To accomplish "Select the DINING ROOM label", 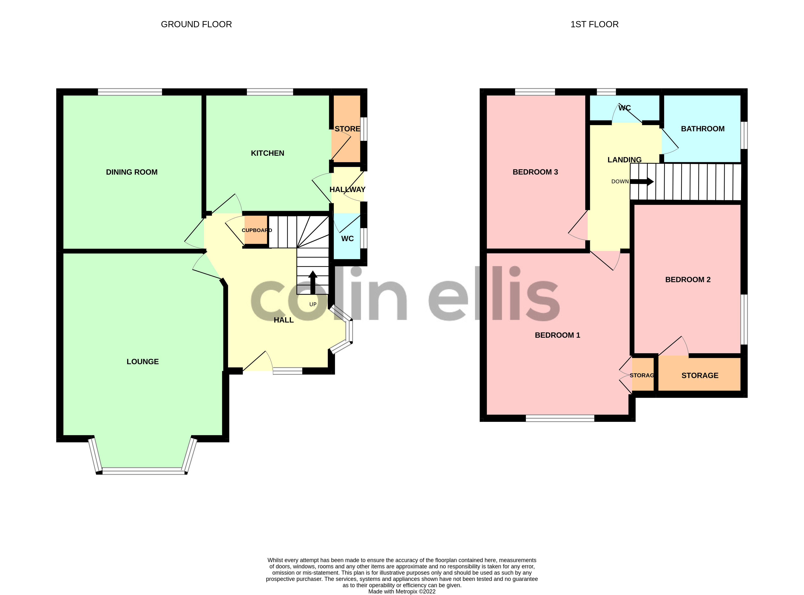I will [132, 172].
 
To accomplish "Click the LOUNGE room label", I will [142, 362].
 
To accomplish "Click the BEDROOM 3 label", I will [535, 172].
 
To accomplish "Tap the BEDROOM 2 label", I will [688, 280].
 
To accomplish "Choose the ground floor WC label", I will [347, 239].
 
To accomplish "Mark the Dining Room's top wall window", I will [130, 92].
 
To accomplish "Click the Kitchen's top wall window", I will [270, 92].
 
